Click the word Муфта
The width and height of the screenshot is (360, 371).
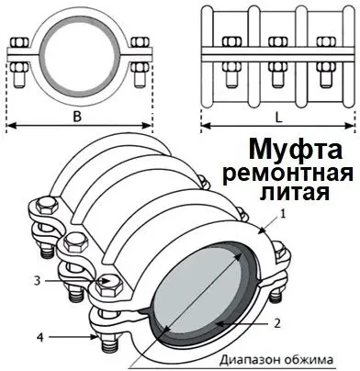tap(295, 149)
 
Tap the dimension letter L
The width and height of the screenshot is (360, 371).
tap(276, 118)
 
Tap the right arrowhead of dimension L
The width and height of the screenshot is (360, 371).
tap(351, 128)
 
